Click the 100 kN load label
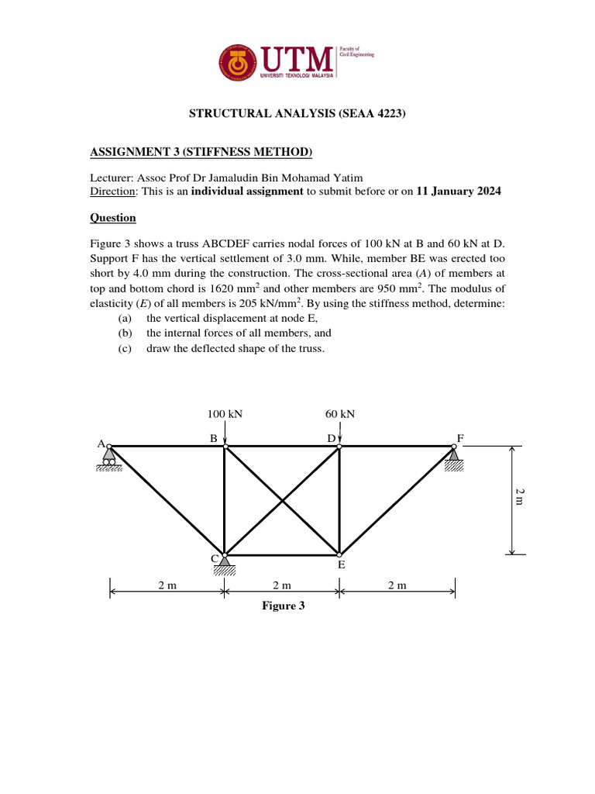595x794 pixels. click(x=225, y=414)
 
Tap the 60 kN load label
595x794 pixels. click(x=340, y=414)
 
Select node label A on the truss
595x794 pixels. click(x=101, y=444)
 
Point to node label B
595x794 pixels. click(x=213, y=438)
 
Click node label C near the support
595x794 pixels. click(x=215, y=558)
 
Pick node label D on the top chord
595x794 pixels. click(x=331, y=438)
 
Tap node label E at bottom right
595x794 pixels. click(x=341, y=566)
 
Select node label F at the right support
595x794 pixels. click(x=460, y=438)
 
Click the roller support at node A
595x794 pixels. click(x=108, y=460)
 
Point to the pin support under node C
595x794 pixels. click(x=225, y=564)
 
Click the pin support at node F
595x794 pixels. click(x=455, y=460)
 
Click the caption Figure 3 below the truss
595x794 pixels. click(x=283, y=606)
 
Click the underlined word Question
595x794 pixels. click(x=113, y=218)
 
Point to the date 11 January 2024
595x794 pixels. click(x=459, y=192)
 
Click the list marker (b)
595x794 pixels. click(x=126, y=333)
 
